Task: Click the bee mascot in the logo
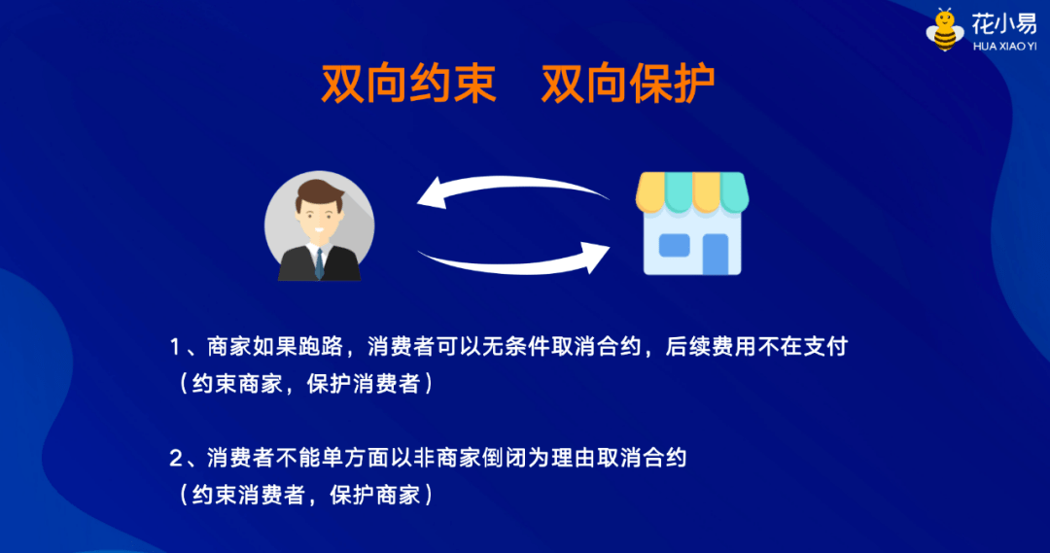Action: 945,30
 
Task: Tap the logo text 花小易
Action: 1003,23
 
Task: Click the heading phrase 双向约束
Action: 409,85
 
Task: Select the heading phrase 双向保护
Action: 628,85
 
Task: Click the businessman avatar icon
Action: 319,229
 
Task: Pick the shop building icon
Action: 692,223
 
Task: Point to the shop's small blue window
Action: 674,245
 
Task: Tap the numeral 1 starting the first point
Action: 176,347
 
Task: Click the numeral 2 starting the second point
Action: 176,458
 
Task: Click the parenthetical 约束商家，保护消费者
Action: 305,384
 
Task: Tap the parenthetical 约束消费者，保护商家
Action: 305,495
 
